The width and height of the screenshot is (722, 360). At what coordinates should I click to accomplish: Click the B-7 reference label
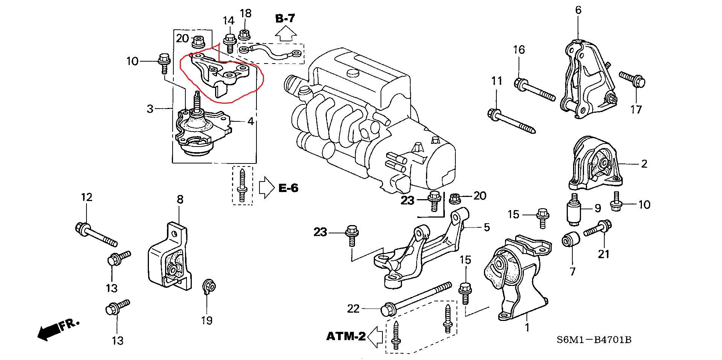[285, 18]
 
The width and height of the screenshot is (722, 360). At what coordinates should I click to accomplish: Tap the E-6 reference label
[288, 188]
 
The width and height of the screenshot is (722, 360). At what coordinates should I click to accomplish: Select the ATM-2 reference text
[346, 336]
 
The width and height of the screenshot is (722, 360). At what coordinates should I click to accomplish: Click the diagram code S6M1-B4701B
[594, 340]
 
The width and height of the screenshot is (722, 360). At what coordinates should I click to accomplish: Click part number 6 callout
[578, 10]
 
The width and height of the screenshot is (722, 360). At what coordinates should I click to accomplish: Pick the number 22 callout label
[353, 309]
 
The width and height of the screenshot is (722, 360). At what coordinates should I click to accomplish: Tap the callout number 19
[207, 320]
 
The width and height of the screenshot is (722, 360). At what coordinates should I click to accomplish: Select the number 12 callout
[86, 197]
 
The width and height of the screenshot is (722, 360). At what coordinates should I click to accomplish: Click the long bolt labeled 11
[511, 121]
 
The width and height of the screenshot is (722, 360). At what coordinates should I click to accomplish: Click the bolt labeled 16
[534, 90]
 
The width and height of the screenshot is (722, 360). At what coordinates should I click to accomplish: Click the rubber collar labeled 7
[570, 239]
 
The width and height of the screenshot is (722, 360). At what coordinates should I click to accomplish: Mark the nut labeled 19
[209, 287]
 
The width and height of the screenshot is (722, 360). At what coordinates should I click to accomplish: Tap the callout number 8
[180, 199]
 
